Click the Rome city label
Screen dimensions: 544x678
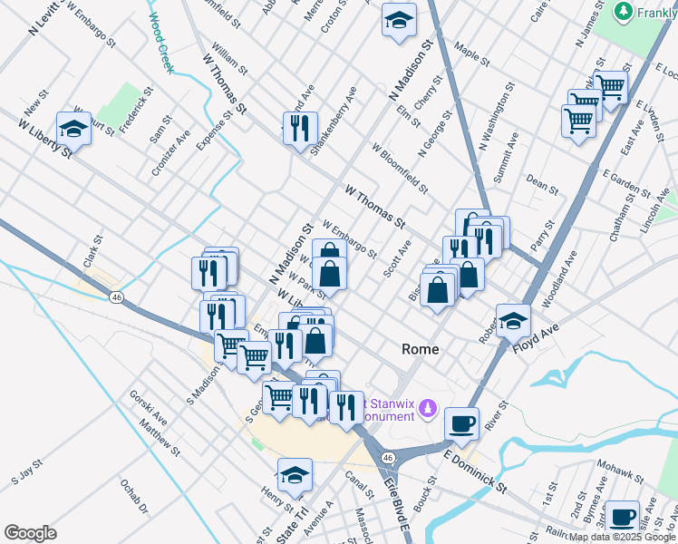[420, 349]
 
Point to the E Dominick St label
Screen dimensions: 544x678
[475, 469]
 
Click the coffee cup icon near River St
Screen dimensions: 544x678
[461, 423]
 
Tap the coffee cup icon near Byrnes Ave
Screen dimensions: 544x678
[622, 516]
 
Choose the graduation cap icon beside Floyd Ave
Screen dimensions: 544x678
[513, 319]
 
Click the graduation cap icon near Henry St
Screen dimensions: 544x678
[295, 474]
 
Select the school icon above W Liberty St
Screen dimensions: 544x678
[73, 128]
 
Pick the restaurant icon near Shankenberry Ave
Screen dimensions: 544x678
[300, 126]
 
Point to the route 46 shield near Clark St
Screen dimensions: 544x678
[116, 296]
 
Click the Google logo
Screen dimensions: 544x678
[30, 533]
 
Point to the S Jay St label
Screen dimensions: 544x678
[27, 471]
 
